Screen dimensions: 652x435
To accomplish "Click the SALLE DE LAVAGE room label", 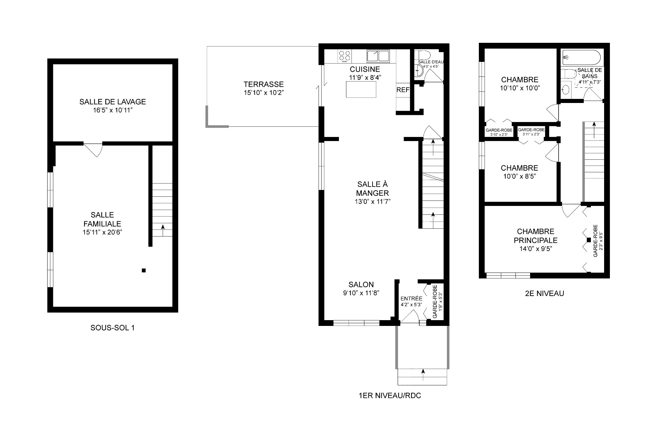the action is (112, 102).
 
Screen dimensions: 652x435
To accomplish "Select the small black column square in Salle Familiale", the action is (144, 271).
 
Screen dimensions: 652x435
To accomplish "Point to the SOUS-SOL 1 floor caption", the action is (112, 328).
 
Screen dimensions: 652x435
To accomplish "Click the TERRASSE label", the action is (264, 84).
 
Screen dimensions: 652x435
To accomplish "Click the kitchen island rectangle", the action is (361, 90).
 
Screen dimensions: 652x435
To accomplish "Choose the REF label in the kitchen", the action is (403, 90).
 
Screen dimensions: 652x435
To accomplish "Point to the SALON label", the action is (361, 285).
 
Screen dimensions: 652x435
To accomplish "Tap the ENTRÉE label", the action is (411, 298).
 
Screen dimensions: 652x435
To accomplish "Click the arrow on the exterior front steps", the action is (423, 375).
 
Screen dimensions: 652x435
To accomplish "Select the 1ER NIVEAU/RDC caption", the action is (390, 396).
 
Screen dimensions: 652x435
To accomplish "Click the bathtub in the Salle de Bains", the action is (581, 57).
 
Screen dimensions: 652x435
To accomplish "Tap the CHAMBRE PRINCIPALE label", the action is (536, 236).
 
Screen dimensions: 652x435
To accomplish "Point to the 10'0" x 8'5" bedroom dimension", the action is (520, 176).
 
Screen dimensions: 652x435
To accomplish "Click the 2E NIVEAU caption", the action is (544, 293).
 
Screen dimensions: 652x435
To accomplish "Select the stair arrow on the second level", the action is (594, 129).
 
